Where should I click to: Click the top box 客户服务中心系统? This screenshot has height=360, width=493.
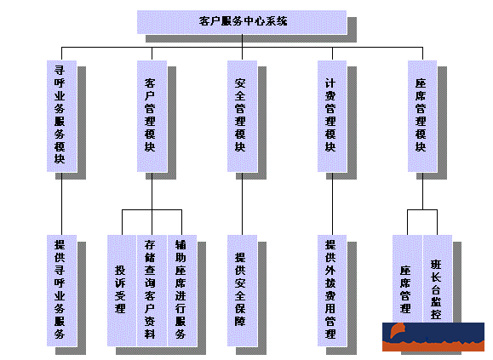(242, 21)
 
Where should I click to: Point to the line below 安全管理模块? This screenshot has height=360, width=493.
(241, 203)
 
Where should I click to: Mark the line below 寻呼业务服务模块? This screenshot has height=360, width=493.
(61, 203)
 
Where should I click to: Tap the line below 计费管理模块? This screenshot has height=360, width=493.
(330, 203)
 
